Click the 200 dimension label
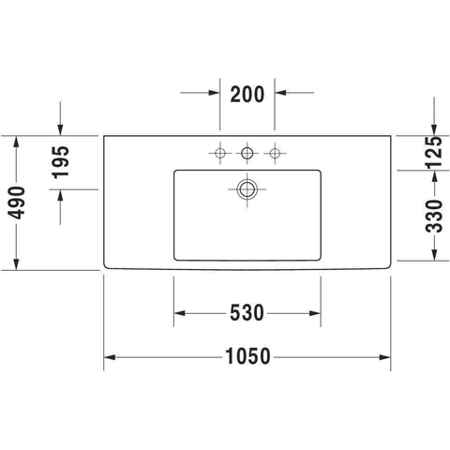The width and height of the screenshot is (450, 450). click(247, 95)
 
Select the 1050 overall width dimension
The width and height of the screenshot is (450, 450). click(247, 356)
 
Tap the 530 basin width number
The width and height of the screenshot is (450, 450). click(247, 313)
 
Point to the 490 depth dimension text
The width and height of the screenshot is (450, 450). click(16, 202)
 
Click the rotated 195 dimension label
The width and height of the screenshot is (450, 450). click(60, 162)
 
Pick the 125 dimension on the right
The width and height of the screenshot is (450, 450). click(434, 153)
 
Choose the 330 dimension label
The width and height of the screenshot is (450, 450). click(434, 216)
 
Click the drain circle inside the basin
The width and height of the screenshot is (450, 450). click(247, 189)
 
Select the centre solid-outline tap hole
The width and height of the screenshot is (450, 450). click(247, 153)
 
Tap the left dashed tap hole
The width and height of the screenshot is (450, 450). click(219, 153)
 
